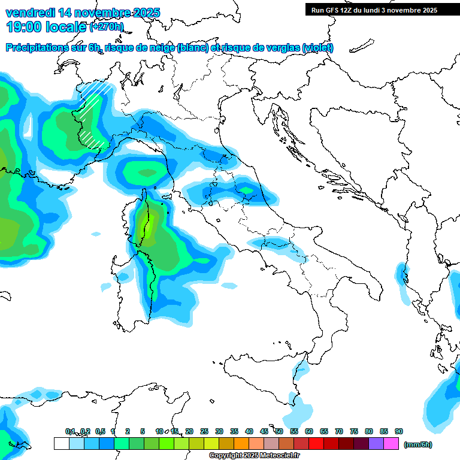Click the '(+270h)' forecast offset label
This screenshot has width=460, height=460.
coord(107,26)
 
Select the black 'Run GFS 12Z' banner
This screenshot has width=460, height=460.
coord(374,10)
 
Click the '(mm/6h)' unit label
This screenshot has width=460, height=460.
coord(417,444)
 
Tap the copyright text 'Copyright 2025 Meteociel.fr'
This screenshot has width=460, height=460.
coord(254,456)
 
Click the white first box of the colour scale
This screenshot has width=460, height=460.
coord(61,444)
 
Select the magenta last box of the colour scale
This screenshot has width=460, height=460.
coord(392,444)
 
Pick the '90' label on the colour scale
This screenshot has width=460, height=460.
coord(399,431)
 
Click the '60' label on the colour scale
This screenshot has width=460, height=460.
coord(309,431)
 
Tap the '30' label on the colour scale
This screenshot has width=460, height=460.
coord(219,431)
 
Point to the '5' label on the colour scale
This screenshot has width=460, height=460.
coord(143,431)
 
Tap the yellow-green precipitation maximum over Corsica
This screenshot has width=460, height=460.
coord(146,226)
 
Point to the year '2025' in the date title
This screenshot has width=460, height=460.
coord(146,13)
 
